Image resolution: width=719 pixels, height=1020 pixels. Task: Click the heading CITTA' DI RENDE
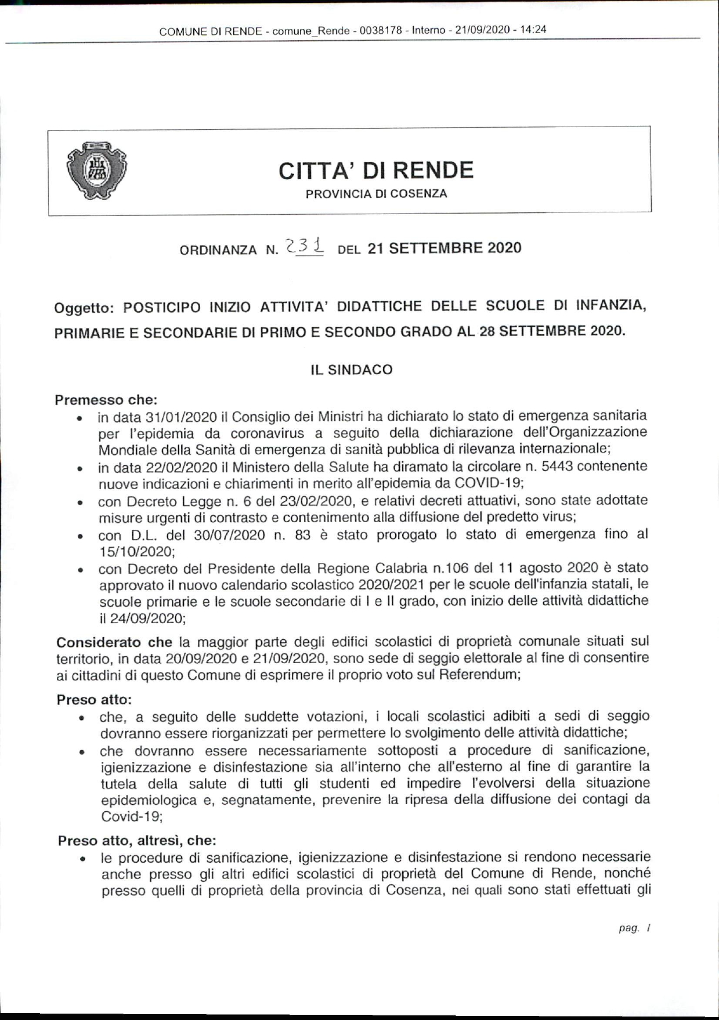click(376, 171)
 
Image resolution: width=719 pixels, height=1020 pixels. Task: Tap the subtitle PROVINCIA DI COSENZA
click(376, 194)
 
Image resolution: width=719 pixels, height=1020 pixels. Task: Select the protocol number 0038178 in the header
click(381, 31)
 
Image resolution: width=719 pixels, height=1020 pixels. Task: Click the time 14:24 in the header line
click(533, 30)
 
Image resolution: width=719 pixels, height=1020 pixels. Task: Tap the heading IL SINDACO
click(352, 370)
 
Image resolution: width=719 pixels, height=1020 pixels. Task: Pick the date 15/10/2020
click(137, 551)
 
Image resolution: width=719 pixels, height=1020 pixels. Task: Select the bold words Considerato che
click(114, 642)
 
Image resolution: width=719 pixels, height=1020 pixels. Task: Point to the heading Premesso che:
click(106, 400)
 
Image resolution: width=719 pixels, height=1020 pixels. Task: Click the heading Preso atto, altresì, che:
click(137, 840)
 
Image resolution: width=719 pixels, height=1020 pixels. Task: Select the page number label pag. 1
click(634, 928)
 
